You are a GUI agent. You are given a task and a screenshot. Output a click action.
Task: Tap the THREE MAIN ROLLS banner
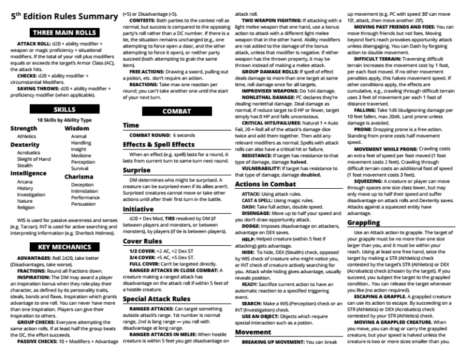point(64,32)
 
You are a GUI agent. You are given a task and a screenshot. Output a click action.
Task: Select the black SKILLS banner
point(64,109)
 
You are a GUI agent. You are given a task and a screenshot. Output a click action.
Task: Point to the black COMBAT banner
point(177,111)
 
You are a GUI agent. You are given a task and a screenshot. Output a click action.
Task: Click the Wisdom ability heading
point(76,129)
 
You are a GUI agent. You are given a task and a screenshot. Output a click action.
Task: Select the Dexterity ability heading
point(25,145)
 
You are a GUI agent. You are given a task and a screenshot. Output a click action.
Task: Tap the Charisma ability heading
point(79,177)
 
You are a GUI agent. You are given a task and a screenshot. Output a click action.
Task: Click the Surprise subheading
point(137,171)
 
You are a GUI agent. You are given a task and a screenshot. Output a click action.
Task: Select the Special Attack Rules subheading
point(156,299)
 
